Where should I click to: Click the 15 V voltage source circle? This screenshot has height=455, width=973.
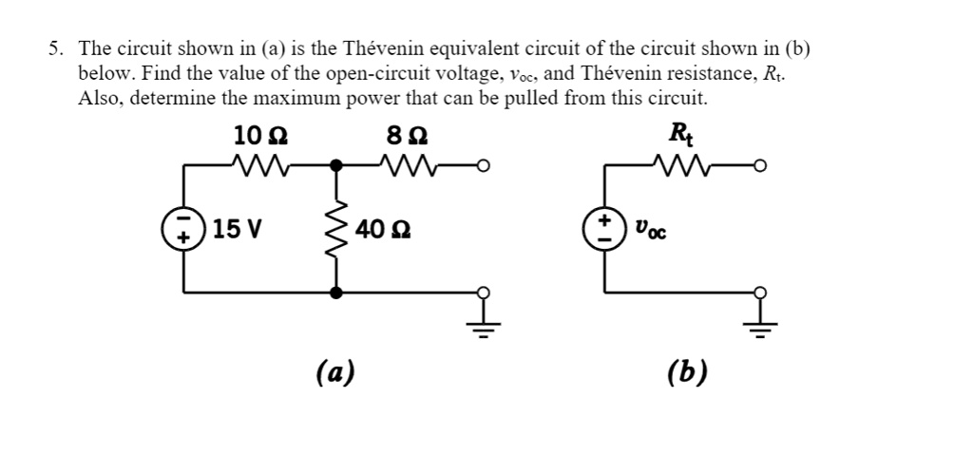[x=182, y=229]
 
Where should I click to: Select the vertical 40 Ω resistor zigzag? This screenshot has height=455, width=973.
[x=334, y=229]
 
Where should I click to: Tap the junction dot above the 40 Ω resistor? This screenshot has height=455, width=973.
[x=334, y=165]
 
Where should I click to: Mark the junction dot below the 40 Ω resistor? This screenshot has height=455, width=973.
[x=334, y=293]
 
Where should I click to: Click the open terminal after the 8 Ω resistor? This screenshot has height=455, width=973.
[x=483, y=166]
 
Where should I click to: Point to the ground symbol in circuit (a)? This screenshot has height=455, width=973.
[x=483, y=325]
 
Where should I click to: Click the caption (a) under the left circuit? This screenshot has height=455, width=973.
[x=334, y=371]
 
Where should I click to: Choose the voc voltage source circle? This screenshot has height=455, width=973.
[x=604, y=229]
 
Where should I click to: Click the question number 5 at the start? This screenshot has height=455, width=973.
[x=56, y=48]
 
